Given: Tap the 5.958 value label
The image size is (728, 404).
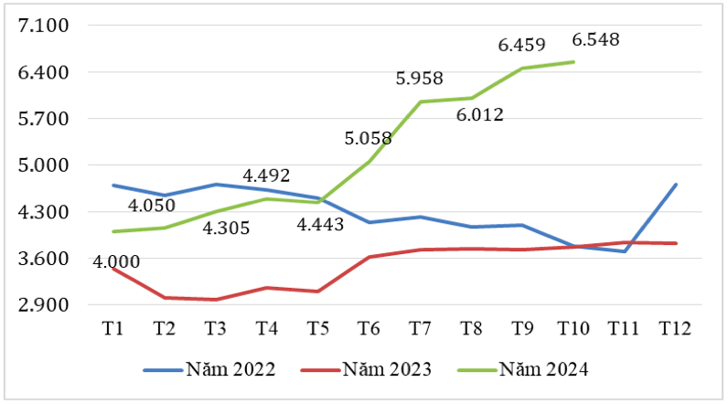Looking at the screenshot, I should click(420, 79).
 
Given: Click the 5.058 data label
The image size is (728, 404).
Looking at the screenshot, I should click(369, 139).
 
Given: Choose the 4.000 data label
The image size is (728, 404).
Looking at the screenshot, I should click(117, 262).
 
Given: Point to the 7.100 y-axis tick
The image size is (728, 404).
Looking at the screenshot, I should click(44, 26).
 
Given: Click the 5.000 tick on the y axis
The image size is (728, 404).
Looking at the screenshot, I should click(44, 165).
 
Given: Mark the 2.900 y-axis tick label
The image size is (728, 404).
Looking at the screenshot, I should click(44, 305).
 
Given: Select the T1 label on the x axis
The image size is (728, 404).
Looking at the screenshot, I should click(112, 327).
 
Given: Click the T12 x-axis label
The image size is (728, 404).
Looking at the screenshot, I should click(675, 327).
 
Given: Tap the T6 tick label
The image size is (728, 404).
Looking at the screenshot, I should click(369, 327).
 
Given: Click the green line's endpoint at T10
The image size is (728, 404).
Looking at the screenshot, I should click(573, 62).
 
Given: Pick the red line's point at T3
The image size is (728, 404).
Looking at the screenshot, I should click(215, 300).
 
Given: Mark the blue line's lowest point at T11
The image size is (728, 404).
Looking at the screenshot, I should click(625, 251).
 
